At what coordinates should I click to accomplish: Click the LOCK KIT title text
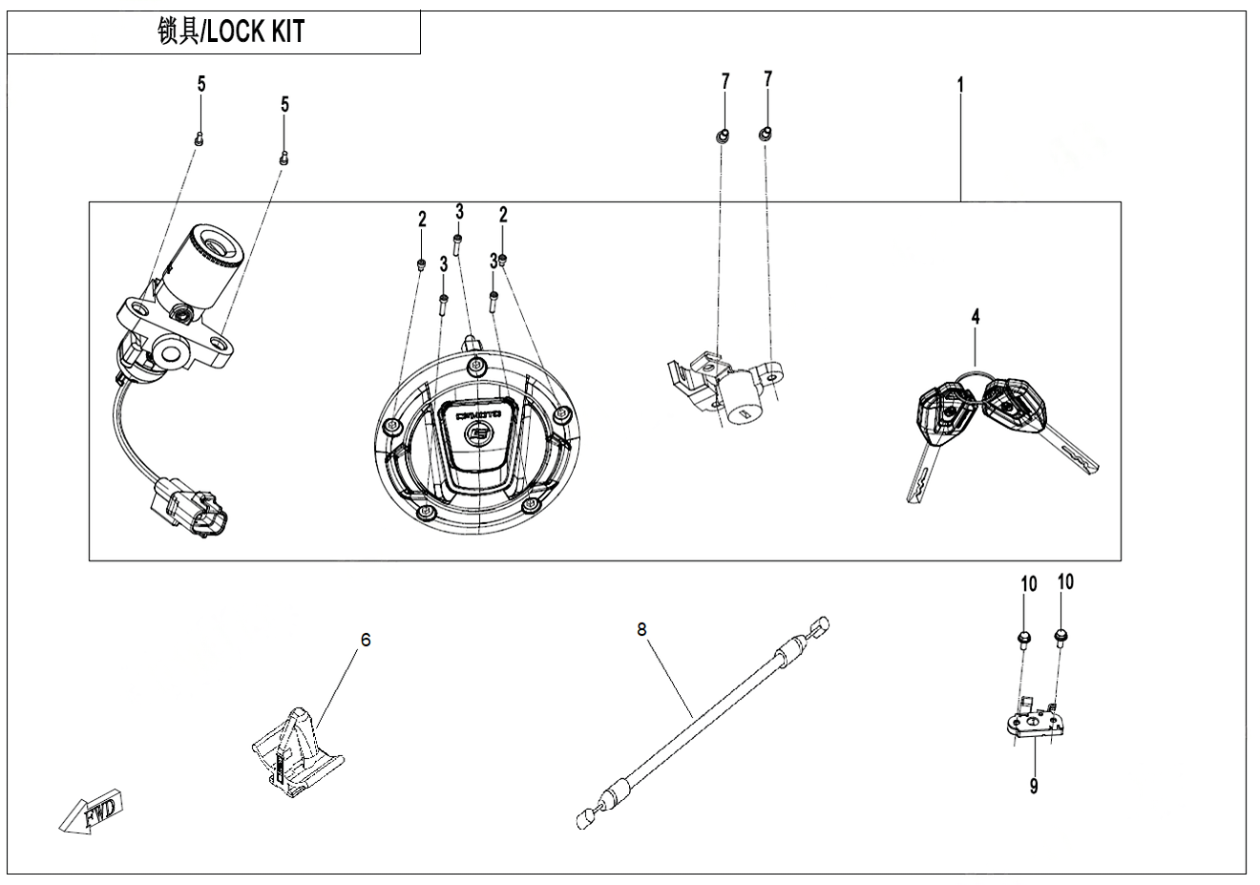(256, 32)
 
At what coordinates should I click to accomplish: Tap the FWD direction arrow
(90, 811)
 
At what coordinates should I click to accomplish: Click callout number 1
(960, 85)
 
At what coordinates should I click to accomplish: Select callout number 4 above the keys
(976, 316)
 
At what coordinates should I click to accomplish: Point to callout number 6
(365, 640)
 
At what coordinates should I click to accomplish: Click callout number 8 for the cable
(641, 629)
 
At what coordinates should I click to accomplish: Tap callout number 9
(1034, 786)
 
